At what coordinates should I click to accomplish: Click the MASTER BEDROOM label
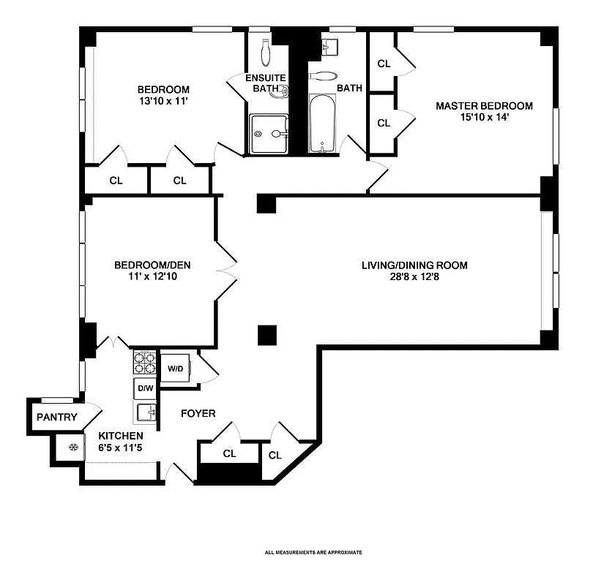pyautogui.click(x=484, y=105)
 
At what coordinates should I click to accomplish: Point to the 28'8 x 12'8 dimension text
pyautogui.click(x=414, y=277)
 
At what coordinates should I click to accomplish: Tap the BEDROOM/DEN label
pyautogui.click(x=152, y=265)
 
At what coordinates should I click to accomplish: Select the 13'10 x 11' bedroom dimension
pyautogui.click(x=164, y=101)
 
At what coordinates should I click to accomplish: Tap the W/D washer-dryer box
pyautogui.click(x=176, y=368)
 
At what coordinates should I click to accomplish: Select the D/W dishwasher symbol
pyautogui.click(x=145, y=388)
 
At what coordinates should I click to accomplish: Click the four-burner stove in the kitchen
pyautogui.click(x=145, y=363)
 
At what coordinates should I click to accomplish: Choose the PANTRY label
pyautogui.click(x=56, y=418)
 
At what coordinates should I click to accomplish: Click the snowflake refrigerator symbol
pyautogui.click(x=72, y=447)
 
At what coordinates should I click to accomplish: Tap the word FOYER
pyautogui.click(x=198, y=414)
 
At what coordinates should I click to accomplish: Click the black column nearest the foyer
pyautogui.click(x=267, y=335)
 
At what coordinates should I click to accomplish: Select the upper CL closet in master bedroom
pyautogui.click(x=384, y=64)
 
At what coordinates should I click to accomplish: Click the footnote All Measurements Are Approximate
pyautogui.click(x=313, y=552)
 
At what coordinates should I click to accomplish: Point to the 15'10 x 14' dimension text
pyautogui.click(x=484, y=117)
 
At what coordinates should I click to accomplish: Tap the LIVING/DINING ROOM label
pyautogui.click(x=414, y=265)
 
